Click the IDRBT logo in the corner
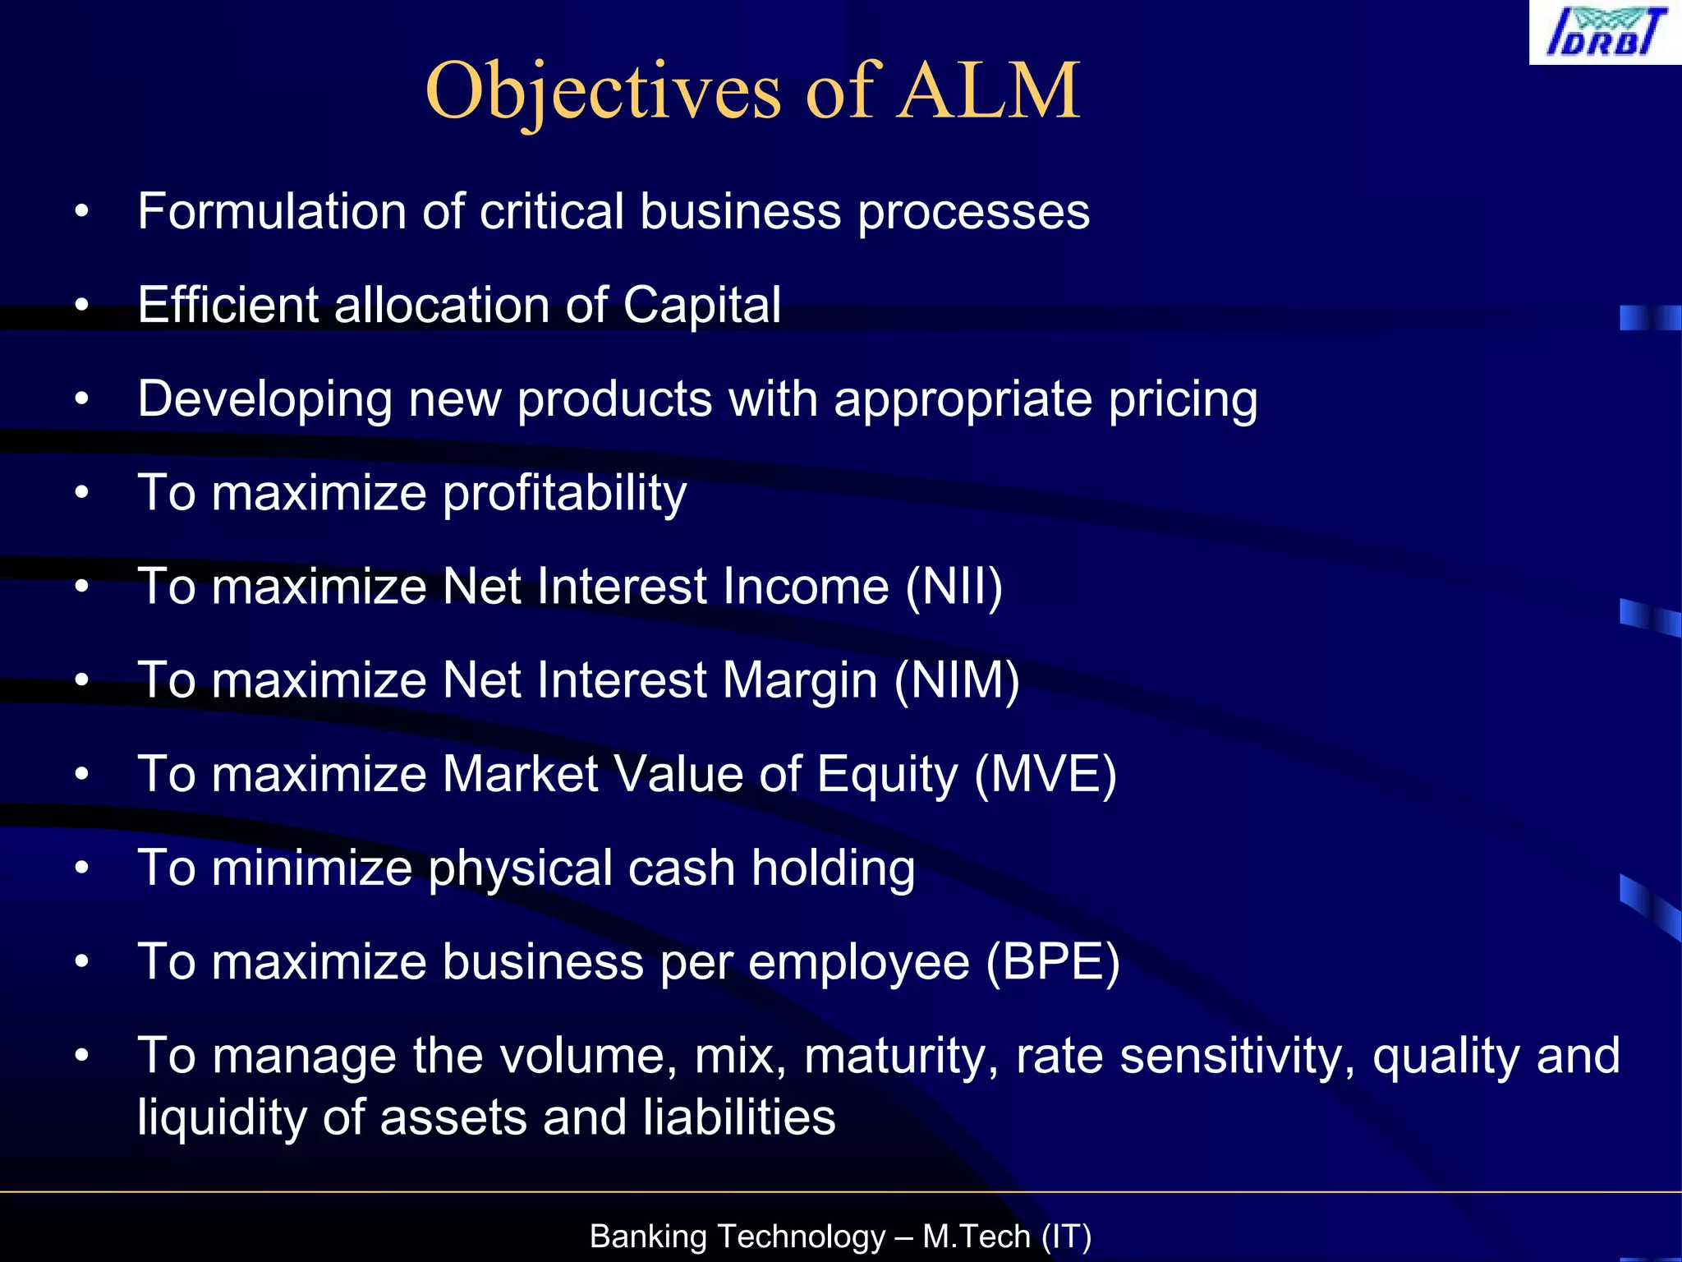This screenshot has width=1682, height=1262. coord(1605,33)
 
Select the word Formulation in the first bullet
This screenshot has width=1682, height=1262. coord(271,211)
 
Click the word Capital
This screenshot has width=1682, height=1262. coord(701,305)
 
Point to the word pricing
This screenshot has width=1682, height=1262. coord(1183,400)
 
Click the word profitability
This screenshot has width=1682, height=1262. coord(564,493)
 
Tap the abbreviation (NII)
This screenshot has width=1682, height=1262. coord(954,587)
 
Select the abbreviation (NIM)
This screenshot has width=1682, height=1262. coord(957,680)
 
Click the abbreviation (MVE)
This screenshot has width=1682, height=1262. coord(1045,774)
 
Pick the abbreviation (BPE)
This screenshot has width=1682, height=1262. coord(1052,961)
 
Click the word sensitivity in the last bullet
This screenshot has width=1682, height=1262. coord(1237,1056)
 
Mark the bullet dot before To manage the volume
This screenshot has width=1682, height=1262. coord(80,1057)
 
